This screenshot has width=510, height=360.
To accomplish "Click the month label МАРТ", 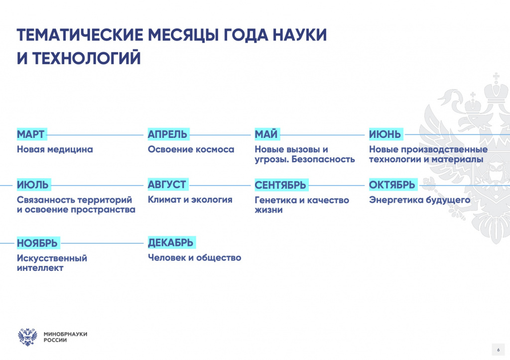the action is coord(31,134).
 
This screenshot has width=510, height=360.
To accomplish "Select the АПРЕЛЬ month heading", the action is coord(168,134).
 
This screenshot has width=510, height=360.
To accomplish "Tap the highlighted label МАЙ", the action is coord(266,134).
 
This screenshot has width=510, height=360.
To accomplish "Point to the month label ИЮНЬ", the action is coord(385,134).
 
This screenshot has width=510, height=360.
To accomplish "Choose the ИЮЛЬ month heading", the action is coord(33,185).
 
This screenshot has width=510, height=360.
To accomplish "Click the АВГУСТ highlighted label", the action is coord(167,184).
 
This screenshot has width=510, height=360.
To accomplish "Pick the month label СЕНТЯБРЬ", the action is coord(281,185).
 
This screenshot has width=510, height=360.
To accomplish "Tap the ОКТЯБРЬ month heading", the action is coord(392,185).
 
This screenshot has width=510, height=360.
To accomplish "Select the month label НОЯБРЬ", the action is coord(37,243).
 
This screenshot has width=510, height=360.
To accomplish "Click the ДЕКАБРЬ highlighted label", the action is coord(171,242).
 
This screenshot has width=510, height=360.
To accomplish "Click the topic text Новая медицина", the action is coord(55,149).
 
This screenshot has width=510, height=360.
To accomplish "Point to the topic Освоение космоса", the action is coord(191,149).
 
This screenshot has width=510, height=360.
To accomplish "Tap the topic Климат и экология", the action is coord(190,199).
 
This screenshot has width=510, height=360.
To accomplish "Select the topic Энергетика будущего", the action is coord(419,200).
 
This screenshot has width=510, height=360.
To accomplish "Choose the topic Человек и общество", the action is coord(195,257).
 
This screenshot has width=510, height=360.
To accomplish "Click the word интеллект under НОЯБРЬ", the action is coord(40,268).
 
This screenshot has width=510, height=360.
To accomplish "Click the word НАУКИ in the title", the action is coord(299,35).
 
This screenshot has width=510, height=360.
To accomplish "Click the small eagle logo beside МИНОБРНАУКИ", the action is coord(27,337).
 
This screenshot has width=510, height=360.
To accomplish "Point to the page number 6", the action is coord(498,350).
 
